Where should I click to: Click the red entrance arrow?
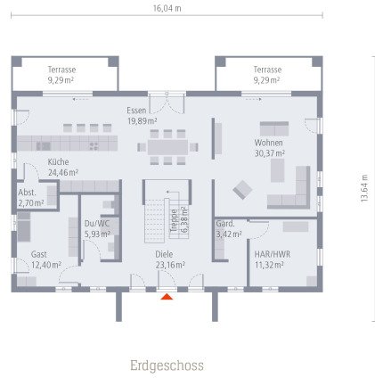click(x=167, y=297)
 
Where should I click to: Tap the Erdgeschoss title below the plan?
click(x=167, y=366)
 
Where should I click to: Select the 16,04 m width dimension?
click(x=167, y=8)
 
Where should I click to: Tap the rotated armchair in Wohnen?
click(x=242, y=189)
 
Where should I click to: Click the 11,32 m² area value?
click(x=268, y=265)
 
